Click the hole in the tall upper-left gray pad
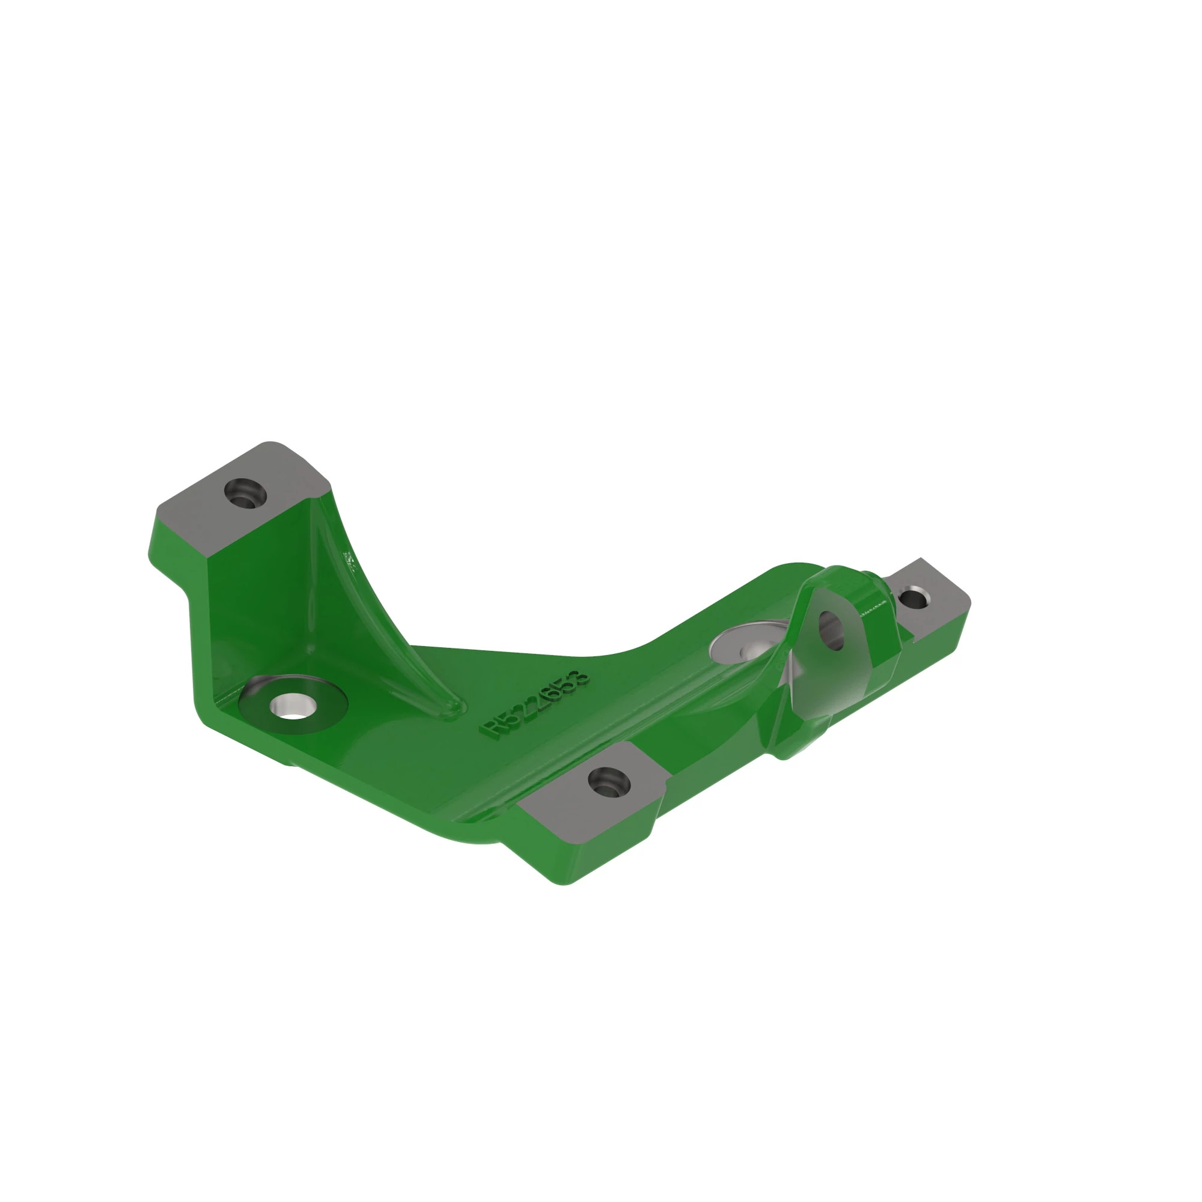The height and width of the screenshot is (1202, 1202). [246, 493]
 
